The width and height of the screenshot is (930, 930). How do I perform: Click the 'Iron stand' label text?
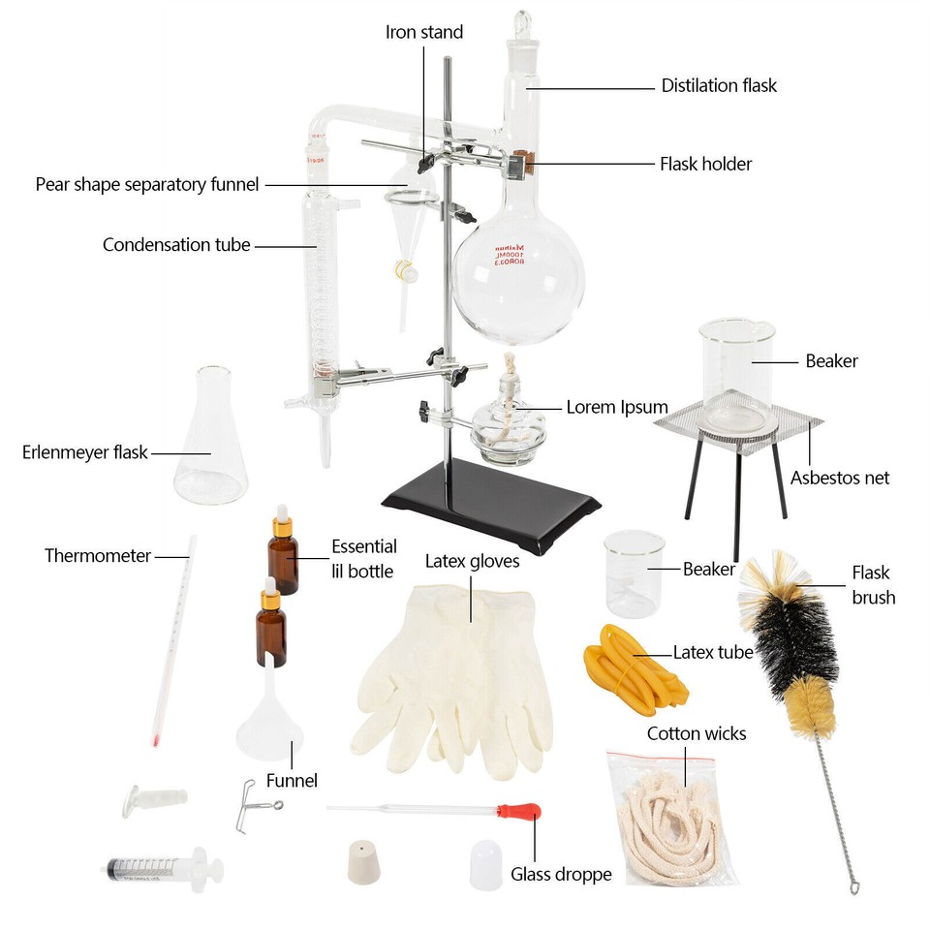(x=424, y=32)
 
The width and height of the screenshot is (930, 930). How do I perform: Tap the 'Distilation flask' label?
(x=719, y=85)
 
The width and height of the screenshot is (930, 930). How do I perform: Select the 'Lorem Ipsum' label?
(x=617, y=407)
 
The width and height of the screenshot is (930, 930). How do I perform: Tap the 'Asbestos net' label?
(x=839, y=478)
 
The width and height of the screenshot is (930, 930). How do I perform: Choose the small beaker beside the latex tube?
(x=635, y=573)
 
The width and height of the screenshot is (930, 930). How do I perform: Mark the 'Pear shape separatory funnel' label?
(x=147, y=184)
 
